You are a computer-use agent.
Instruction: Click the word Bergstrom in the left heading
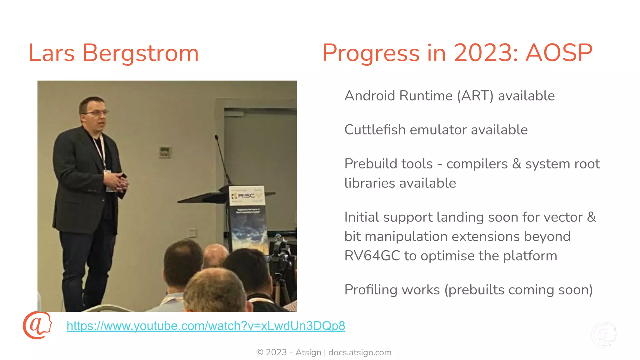[140, 53]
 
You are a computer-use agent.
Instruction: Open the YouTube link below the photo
[206, 326]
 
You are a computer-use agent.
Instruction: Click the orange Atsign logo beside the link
[37, 325]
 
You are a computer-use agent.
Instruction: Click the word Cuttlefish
[375, 130]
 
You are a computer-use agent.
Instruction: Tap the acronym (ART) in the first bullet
[475, 96]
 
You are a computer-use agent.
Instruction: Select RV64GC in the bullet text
[372, 256]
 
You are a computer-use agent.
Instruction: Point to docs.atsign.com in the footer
[360, 352]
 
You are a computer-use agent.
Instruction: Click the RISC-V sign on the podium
[247, 196]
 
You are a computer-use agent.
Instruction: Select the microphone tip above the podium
[216, 137]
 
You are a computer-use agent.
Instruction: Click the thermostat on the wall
[165, 152]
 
